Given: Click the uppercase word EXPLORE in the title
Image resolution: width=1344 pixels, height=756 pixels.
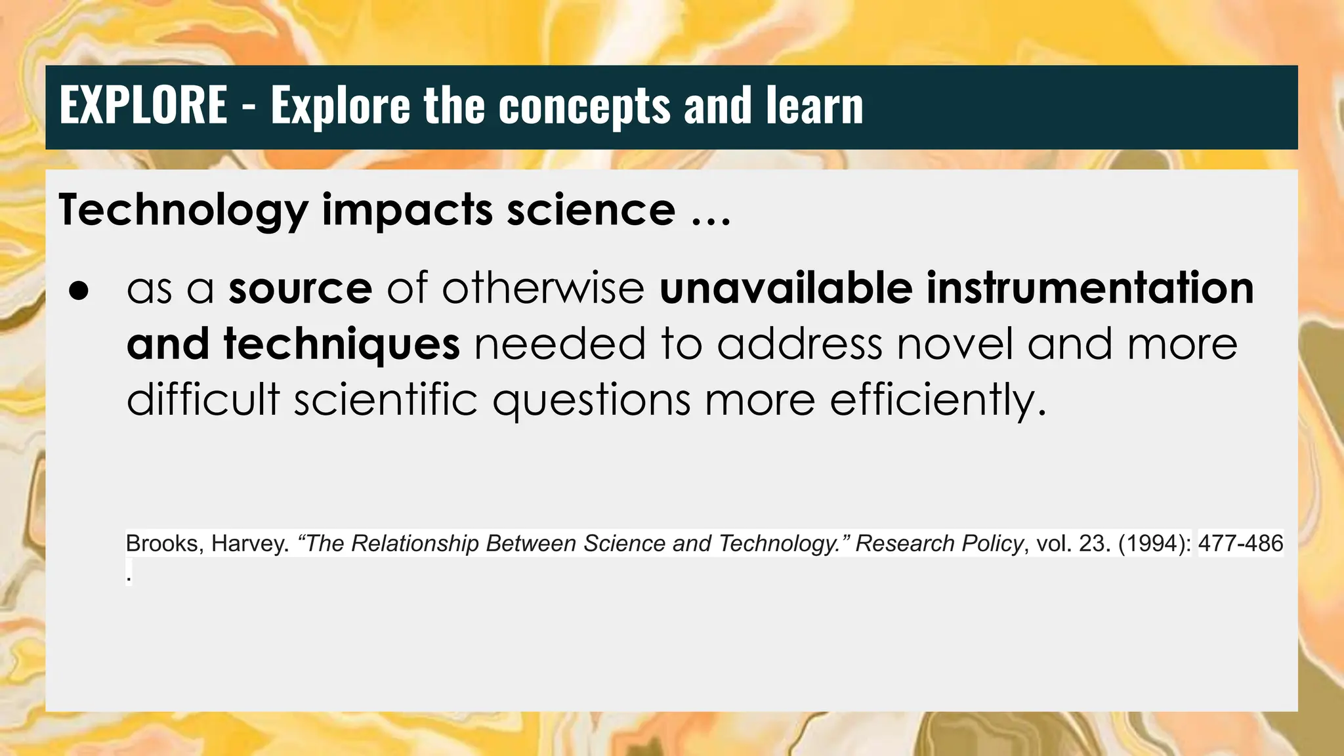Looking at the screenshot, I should click(143, 105).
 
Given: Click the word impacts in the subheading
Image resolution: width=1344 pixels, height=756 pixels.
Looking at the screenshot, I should click(408, 211).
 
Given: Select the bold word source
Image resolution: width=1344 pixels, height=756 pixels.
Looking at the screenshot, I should click(300, 288).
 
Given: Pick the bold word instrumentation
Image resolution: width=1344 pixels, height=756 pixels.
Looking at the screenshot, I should click(1090, 288).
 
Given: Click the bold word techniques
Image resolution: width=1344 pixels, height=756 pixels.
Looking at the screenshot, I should click(341, 344).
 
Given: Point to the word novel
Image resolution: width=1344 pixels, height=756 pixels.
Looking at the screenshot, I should click(955, 344).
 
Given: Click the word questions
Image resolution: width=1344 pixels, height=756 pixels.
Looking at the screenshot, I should click(591, 400).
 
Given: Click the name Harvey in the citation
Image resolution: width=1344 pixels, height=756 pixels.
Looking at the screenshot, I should click(250, 543).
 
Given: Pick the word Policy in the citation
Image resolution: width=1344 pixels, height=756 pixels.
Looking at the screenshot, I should click(992, 543).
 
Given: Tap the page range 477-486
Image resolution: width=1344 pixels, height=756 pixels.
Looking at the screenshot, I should click(1240, 543).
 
